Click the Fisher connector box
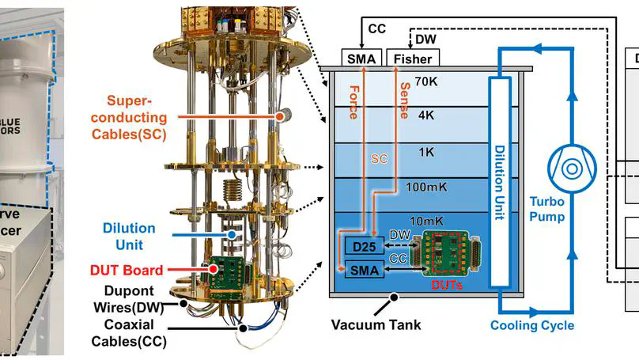pyautogui.click(x=412, y=59)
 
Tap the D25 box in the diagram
pyautogui.click(x=363, y=248)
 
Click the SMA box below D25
pyautogui.click(x=363, y=270)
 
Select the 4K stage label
pyautogui.click(x=426, y=115)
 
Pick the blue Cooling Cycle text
pyautogui.click(x=531, y=325)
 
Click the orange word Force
pyautogui.click(x=352, y=100)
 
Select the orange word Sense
pyautogui.click(x=403, y=100)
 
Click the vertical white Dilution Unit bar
pyautogui.click(x=499, y=182)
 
